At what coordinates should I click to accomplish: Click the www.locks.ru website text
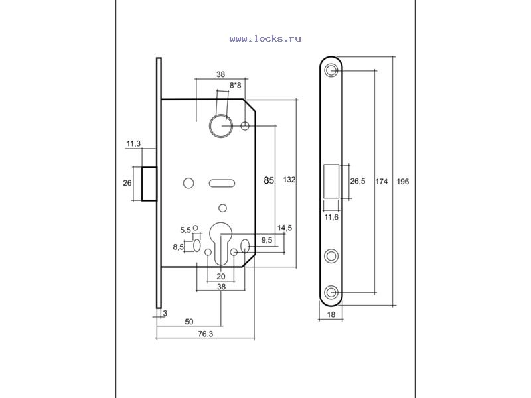265,39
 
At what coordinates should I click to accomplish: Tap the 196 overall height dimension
403,182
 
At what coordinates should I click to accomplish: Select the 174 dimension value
381,182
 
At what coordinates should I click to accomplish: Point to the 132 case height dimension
289,180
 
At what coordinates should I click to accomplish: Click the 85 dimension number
269,180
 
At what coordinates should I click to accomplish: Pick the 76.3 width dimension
206,334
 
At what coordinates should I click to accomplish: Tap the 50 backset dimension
189,322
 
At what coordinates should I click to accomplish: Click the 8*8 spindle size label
236,85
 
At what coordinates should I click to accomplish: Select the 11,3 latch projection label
133,144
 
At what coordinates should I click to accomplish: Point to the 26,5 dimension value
358,181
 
